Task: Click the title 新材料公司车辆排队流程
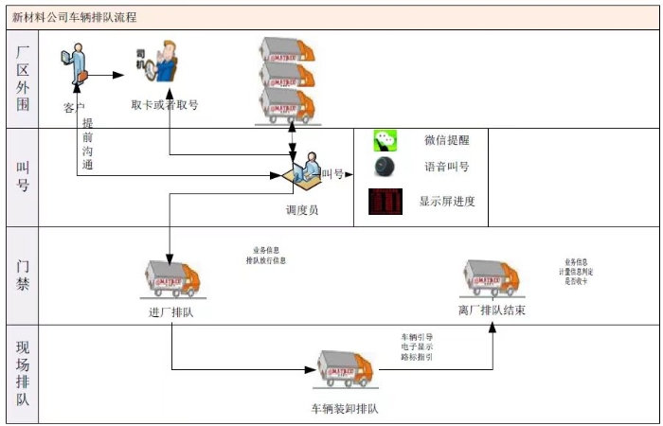[74, 16]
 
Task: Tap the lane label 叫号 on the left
[23, 176]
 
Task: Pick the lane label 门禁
[23, 274]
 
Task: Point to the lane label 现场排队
[23, 372]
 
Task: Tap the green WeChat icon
[385, 141]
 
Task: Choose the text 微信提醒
[446, 141]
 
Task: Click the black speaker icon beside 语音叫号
[385, 168]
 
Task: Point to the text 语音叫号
[446, 168]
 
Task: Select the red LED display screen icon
[385, 202]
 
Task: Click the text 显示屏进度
[447, 202]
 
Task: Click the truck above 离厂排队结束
[490, 277]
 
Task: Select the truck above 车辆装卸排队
[345, 371]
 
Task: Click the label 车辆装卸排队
[346, 410]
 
